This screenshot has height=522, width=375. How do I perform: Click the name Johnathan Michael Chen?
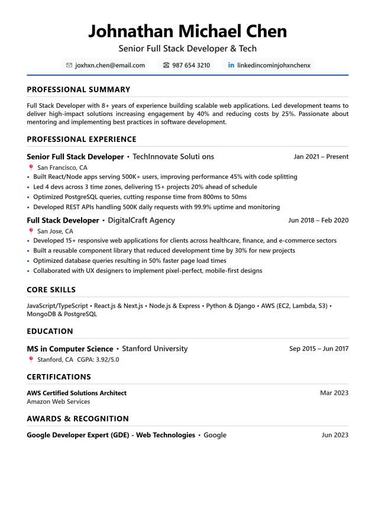[187, 31]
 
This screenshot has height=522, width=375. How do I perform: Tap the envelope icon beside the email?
[69, 65]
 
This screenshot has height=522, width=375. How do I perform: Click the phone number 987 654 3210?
[190, 65]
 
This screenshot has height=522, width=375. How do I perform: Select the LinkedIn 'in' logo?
[231, 65]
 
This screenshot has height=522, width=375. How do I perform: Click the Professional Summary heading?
[78, 89]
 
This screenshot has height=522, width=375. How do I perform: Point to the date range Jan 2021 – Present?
[321, 157]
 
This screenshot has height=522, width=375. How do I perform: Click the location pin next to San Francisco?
[31, 167]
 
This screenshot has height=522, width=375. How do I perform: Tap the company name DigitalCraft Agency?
[141, 220]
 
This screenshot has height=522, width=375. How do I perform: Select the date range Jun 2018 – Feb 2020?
[318, 220]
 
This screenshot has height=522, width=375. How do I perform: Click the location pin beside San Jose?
[31, 231]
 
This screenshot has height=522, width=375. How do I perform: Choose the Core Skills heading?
[51, 289]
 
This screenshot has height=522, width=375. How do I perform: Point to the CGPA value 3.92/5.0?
[108, 359]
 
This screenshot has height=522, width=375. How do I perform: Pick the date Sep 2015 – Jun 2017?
[318, 349]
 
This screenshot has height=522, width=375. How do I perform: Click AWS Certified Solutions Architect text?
[76, 392]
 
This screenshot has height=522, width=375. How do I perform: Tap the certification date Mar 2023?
[334, 392]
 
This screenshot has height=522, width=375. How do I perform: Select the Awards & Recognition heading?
[77, 418]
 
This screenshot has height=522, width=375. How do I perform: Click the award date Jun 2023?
[335, 435]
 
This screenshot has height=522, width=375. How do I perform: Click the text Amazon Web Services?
[58, 401]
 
